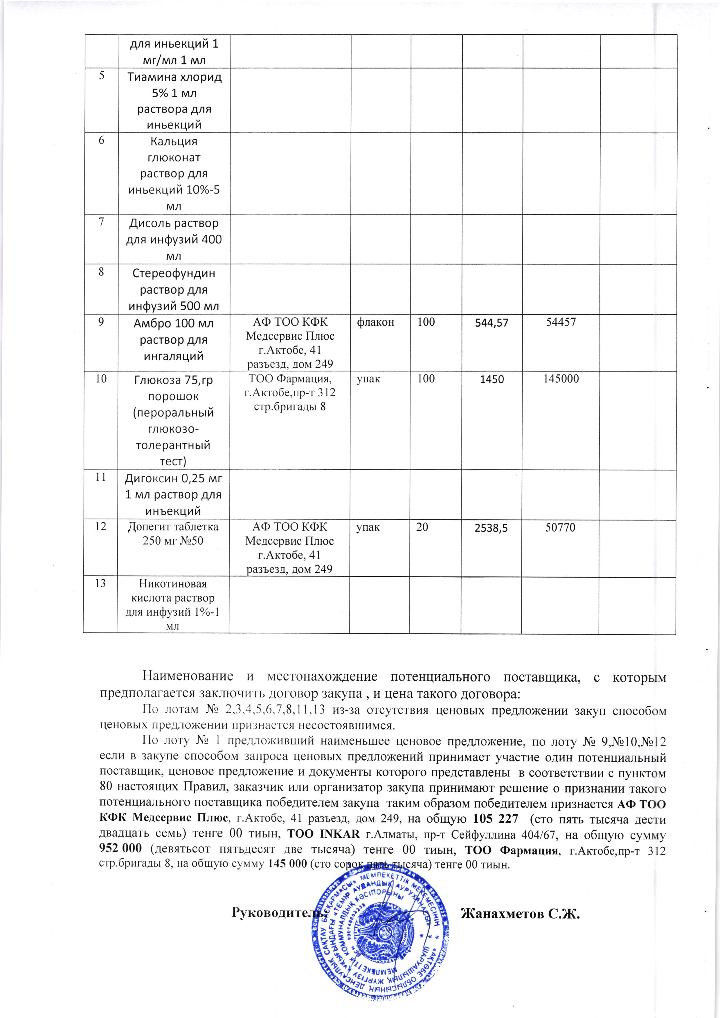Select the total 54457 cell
pos(561,322)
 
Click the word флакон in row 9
pos(375,322)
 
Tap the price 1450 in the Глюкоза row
pos(492,379)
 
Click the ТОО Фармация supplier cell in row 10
pos(290,392)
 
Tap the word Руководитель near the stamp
pos(279,913)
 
